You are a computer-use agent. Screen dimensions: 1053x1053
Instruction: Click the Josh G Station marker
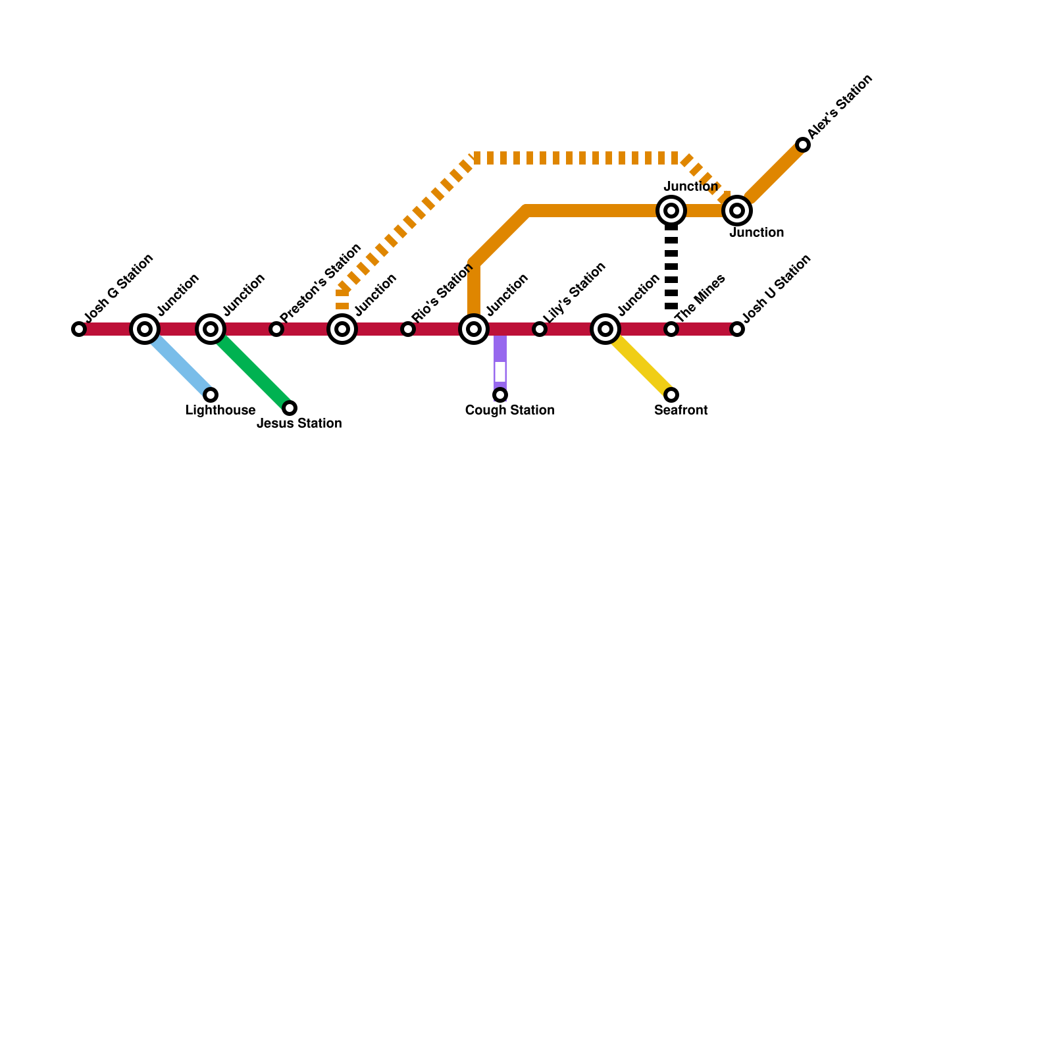tap(79, 329)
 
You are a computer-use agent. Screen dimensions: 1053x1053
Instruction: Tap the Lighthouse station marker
tap(211, 395)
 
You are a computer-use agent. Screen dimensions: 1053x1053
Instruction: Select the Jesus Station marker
tap(290, 408)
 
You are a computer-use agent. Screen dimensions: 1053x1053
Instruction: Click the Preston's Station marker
tap(276, 329)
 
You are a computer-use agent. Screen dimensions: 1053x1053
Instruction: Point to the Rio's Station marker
tap(408, 329)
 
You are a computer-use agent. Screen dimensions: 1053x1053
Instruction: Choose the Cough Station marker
tap(500, 395)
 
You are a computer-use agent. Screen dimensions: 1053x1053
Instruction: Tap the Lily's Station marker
tap(540, 329)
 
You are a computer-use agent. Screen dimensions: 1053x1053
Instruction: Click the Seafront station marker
tap(671, 395)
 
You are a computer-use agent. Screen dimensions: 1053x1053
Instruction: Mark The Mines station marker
tap(671, 329)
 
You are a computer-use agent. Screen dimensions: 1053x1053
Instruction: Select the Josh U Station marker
tap(737, 329)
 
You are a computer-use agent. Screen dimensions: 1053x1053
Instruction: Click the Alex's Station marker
tap(803, 145)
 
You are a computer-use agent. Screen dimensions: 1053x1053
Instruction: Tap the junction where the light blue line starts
tap(145, 329)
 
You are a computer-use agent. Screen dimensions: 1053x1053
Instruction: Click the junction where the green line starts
tap(211, 329)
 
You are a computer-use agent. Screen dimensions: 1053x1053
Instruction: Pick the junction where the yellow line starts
tap(605, 329)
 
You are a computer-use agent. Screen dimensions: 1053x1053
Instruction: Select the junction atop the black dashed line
tap(671, 211)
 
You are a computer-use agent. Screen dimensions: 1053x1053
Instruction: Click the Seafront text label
tap(681, 411)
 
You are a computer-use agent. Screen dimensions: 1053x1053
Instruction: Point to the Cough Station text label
tap(509, 411)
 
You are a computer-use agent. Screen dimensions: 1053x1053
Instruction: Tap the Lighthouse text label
tap(220, 411)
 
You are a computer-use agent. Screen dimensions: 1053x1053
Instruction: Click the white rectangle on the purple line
tap(500, 372)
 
